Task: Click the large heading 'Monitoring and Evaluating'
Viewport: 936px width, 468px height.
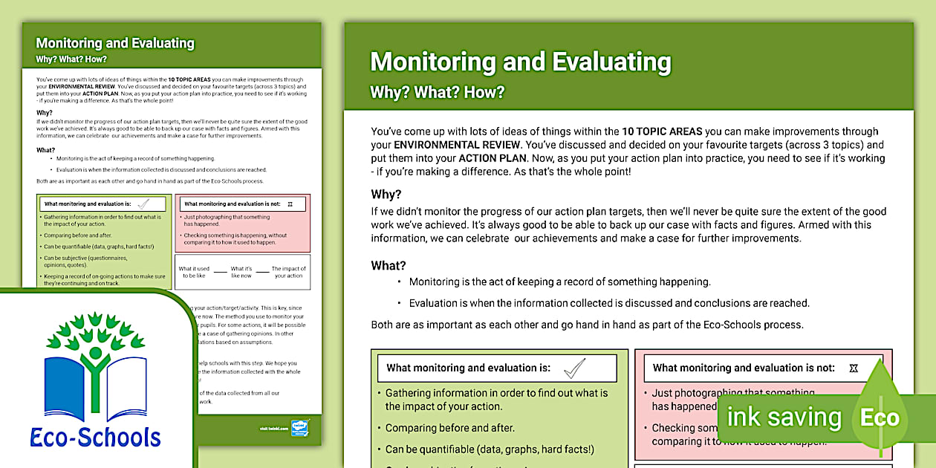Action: click(520, 62)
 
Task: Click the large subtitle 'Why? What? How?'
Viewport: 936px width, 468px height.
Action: click(438, 93)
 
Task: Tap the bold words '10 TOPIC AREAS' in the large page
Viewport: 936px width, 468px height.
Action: click(663, 131)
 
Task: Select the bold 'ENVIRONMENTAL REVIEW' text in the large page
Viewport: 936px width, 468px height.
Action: click(453, 145)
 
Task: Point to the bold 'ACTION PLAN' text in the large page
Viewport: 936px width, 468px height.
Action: click(493, 158)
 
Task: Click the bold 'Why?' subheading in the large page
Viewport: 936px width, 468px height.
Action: click(386, 195)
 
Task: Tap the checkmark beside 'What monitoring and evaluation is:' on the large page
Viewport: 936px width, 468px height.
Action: click(574, 368)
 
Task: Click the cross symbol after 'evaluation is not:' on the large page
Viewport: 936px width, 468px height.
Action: click(854, 368)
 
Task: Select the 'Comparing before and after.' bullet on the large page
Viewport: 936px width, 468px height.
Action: click(449, 428)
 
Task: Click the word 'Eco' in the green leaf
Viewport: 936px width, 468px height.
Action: click(880, 417)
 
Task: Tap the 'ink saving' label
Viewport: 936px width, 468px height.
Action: click(784, 417)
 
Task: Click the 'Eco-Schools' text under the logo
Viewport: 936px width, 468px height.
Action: click(96, 437)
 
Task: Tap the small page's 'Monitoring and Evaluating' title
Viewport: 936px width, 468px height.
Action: click(115, 43)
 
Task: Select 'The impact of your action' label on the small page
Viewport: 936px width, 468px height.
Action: click(289, 272)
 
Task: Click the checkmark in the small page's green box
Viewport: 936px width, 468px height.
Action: click(144, 204)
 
